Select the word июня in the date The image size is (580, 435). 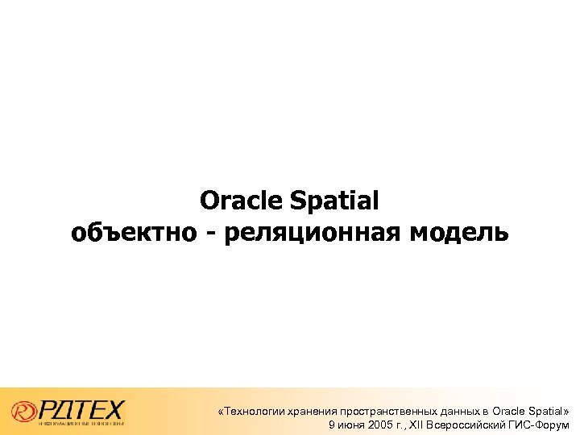click(348, 425)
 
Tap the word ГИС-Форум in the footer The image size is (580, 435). click(542, 425)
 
